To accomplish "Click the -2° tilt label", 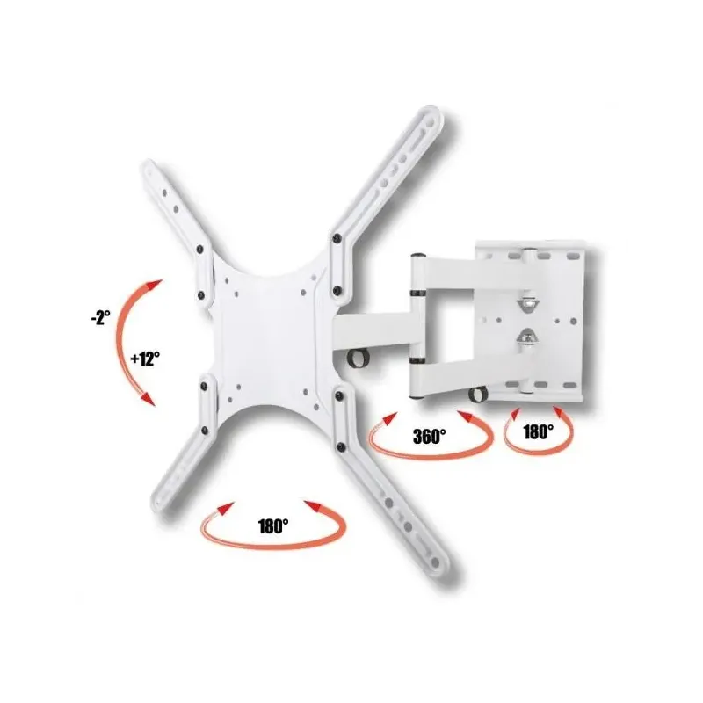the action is [x=100, y=318].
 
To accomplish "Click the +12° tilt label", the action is [x=145, y=359].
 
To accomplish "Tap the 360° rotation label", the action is [x=430, y=436].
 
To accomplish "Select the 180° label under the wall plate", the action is [x=538, y=431].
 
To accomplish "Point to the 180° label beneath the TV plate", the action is [x=273, y=525].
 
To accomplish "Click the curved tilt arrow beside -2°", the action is [x=120, y=341].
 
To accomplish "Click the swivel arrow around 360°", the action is [x=431, y=456].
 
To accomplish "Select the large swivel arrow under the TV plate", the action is [x=273, y=547].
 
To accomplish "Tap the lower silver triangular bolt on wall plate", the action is [x=528, y=337].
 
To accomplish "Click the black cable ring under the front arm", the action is [x=359, y=359].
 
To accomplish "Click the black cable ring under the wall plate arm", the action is [x=478, y=394].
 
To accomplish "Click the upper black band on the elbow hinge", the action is [x=417, y=294].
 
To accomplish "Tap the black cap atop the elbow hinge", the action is [x=418, y=256].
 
